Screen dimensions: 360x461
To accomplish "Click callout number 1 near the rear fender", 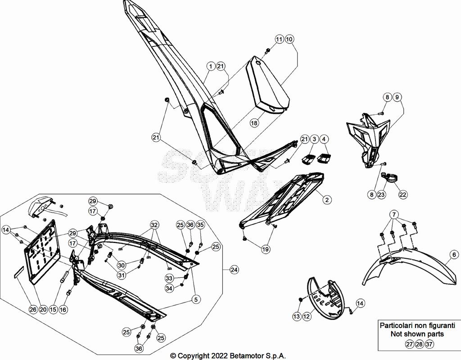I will click(x=211, y=66).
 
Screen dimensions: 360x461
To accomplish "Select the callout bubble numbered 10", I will click(x=289, y=40).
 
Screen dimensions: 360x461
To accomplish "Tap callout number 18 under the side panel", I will click(x=254, y=123).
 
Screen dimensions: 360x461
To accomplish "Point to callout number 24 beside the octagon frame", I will click(x=234, y=270).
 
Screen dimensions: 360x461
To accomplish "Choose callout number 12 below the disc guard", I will click(x=307, y=317).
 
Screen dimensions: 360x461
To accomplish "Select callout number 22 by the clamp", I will click(x=402, y=194).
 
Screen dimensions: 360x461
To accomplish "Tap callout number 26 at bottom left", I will click(x=33, y=310).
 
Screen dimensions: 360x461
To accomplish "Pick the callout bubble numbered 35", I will click(x=200, y=225).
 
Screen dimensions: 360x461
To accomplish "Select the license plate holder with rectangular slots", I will click(x=43, y=252).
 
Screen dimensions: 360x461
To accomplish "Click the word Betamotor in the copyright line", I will click(x=250, y=355).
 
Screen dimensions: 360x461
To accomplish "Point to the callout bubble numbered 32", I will click(x=154, y=225).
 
